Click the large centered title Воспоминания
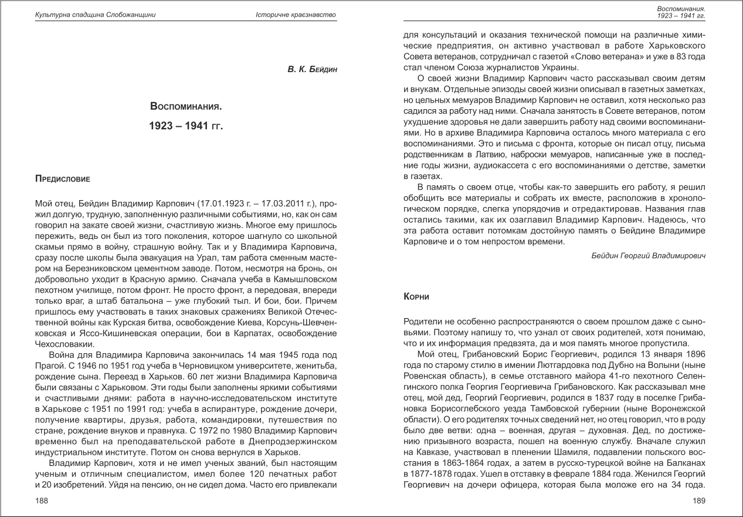[186, 107]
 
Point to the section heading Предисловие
[62, 178]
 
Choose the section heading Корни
[417, 298]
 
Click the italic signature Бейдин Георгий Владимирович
[648, 256]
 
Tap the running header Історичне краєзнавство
[296, 15]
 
